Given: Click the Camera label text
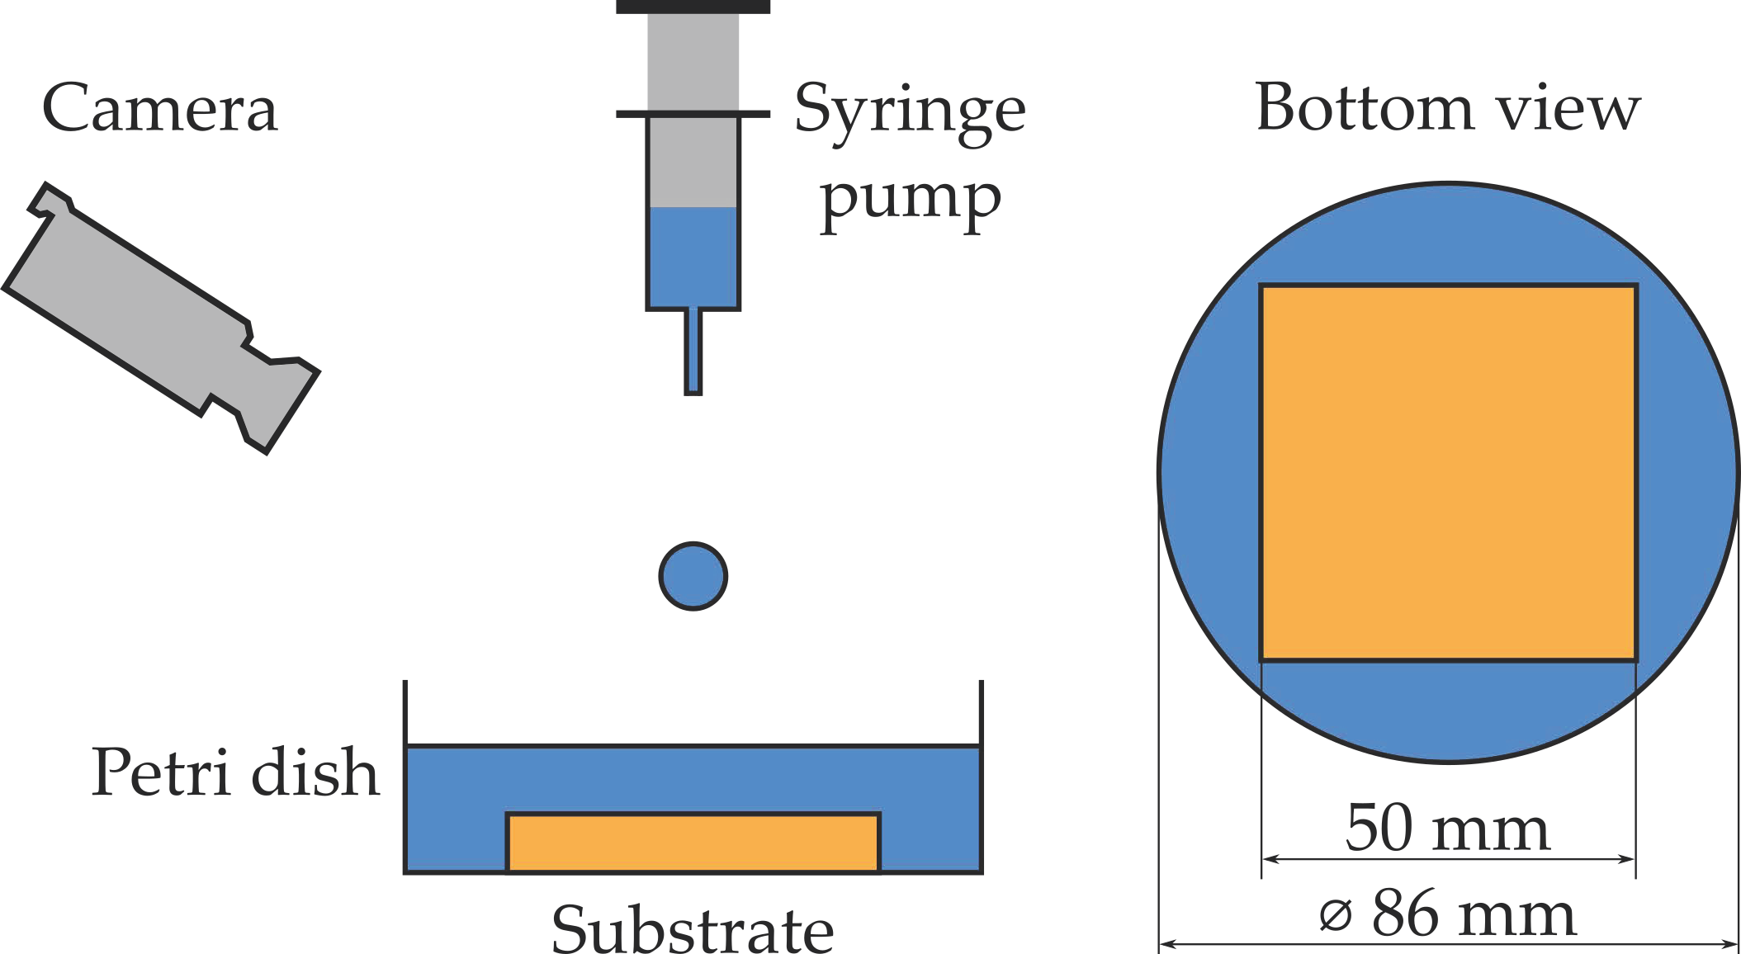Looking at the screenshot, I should tap(159, 108).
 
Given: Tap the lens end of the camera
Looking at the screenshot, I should tap(285, 404).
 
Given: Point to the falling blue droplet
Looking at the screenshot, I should tap(693, 576).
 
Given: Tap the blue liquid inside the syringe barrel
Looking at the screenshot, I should tap(693, 256).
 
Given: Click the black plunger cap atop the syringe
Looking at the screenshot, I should tap(693, 7).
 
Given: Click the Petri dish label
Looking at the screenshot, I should tap(235, 772).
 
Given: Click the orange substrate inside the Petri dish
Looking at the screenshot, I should tap(693, 842).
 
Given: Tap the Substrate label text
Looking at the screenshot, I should tap(692, 929).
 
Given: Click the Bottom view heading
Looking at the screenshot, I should tap(1447, 108).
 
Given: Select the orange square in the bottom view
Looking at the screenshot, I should tap(1449, 473).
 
